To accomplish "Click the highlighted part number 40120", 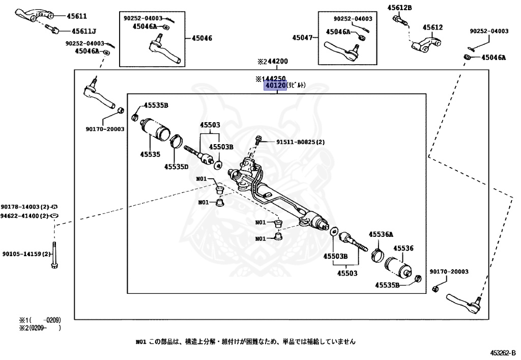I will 274,86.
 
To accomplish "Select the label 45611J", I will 83,31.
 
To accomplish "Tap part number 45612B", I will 399,7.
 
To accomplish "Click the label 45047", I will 302,37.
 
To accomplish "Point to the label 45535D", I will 176,166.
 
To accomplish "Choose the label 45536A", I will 382,234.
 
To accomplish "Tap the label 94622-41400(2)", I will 24,216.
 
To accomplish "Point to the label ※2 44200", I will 272,61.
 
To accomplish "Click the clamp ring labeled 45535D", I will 177,140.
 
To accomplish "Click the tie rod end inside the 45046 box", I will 164,51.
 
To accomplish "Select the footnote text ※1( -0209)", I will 40,320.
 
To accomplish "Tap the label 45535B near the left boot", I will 156,105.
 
